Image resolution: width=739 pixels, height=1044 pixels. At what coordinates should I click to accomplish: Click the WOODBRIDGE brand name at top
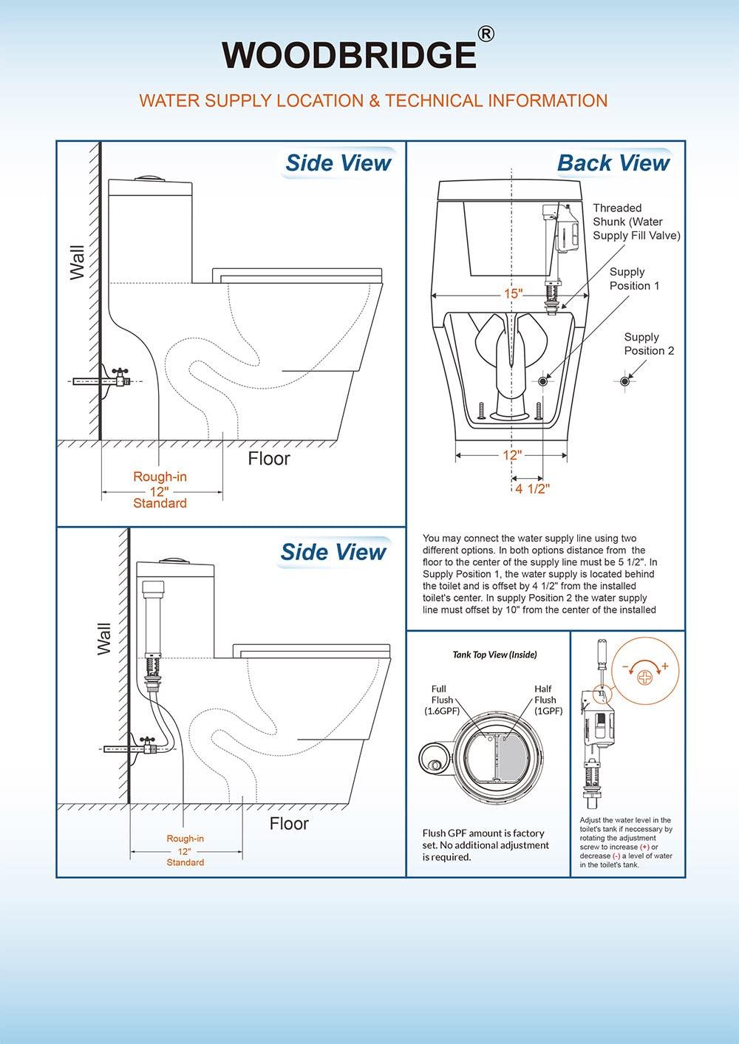pos(350,55)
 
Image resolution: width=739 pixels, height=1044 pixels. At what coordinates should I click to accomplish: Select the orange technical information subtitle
pos(373,100)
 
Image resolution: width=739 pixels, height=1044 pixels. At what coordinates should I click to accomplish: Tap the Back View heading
pos(613,163)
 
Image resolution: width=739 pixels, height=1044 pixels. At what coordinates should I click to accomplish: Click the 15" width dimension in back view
pos(512,294)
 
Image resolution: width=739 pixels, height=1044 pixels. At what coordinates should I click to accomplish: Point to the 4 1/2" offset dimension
pos(532,488)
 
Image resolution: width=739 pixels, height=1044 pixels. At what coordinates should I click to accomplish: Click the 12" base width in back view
pos(511,455)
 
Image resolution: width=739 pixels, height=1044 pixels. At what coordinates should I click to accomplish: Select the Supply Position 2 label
pos(649,344)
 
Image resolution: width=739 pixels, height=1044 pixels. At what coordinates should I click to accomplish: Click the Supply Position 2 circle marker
pos(625,381)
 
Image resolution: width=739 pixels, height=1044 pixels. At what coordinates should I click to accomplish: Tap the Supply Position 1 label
pos(634,279)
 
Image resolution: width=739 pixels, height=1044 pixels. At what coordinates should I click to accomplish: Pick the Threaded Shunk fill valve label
pos(636,222)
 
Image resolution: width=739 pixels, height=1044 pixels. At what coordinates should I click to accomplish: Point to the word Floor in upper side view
pos(269,459)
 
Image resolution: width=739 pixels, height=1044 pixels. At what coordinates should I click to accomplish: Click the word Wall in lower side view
pos(103,638)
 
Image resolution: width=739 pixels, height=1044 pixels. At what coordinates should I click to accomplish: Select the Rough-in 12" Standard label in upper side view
pos(160,490)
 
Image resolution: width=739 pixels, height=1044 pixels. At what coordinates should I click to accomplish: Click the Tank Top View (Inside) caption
pos(494,655)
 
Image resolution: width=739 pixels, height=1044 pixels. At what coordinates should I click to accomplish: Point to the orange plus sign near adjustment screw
pos(664,666)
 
